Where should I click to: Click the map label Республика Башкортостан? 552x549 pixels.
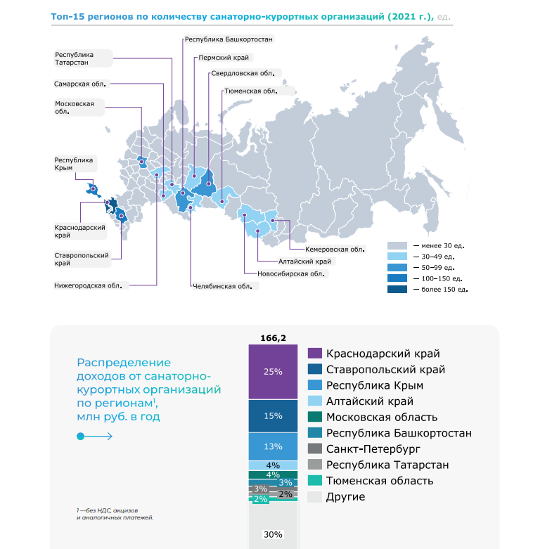point(229,39)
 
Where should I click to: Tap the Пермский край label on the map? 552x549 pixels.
point(224,58)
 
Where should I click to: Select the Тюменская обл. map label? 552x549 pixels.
point(251,91)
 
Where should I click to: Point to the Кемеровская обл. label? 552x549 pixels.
point(335,250)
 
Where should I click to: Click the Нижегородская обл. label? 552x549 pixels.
point(88,286)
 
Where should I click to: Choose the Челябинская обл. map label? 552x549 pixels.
point(222,287)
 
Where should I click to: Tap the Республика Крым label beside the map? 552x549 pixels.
point(74,164)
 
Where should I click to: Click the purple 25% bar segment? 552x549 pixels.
point(273,372)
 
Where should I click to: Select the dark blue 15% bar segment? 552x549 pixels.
point(273,416)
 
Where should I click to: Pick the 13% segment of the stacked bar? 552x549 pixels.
point(273,446)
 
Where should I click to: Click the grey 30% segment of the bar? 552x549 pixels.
point(273,525)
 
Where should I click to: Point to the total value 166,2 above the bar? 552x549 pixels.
point(273,338)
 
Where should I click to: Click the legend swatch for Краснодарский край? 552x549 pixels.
point(315,354)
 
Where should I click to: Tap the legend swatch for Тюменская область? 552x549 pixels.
point(315,481)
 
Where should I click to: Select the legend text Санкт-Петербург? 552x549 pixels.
point(373,449)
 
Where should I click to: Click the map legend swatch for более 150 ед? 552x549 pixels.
point(397,290)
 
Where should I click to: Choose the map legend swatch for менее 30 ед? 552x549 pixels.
point(397,245)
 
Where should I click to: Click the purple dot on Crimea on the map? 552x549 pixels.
point(93,188)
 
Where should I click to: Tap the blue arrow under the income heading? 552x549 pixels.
point(95,437)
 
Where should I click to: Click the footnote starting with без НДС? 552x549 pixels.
point(115,514)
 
